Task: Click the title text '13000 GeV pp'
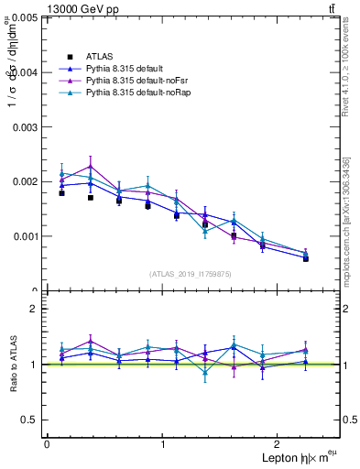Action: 79,9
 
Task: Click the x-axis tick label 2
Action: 279,443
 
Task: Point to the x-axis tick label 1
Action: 163,443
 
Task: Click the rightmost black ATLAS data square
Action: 305,258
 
